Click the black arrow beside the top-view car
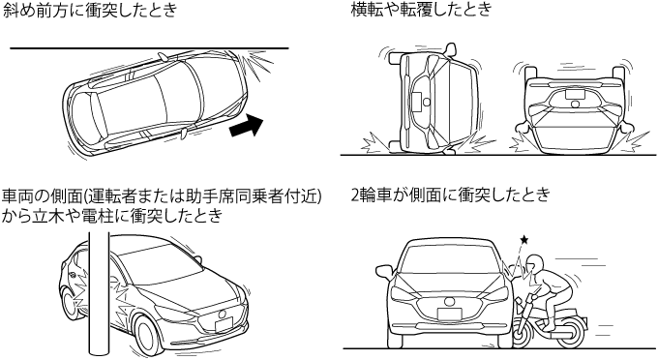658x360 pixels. [x=247, y=126]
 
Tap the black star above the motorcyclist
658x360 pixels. [x=524, y=240]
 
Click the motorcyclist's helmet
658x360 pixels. [x=535, y=264]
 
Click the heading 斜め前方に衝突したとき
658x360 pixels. [x=89, y=10]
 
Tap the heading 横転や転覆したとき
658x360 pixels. [x=421, y=10]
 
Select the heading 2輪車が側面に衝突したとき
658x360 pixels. [x=450, y=195]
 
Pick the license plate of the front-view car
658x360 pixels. [x=449, y=314]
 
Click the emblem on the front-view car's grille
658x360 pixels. [x=449, y=301]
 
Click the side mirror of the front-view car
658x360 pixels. [x=383, y=271]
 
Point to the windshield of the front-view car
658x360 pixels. [x=449, y=257]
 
